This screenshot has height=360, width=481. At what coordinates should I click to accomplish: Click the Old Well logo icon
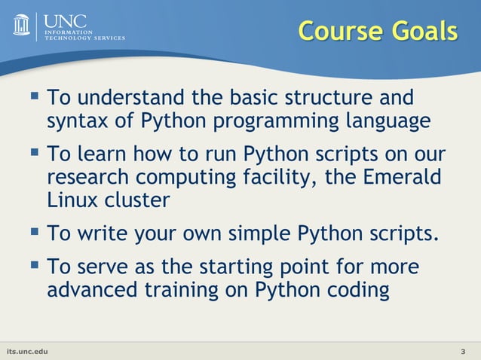(22, 25)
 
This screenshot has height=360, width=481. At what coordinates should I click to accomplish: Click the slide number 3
(462, 352)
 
